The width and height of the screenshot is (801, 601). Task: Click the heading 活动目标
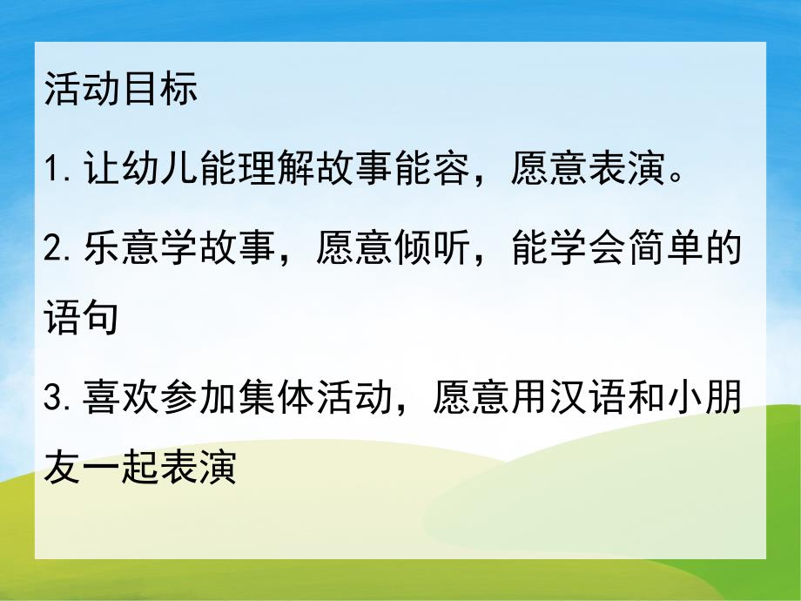pyautogui.click(x=120, y=91)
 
